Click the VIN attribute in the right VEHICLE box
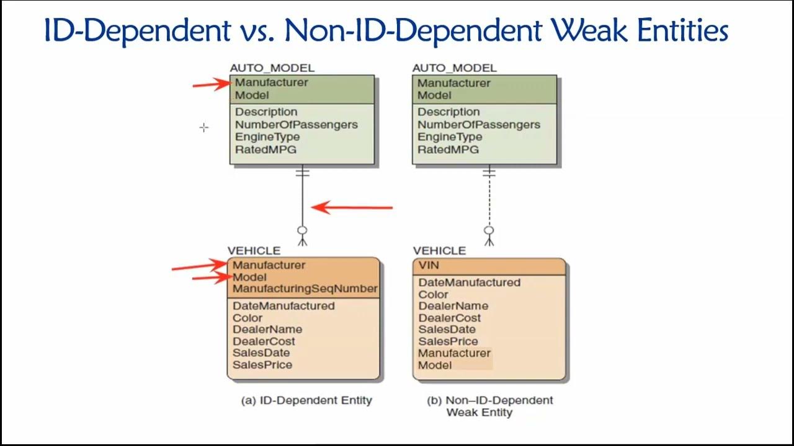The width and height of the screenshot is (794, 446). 429,265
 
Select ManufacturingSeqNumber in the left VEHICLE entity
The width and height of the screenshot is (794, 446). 305,289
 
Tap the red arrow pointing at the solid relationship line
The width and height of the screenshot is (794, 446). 352,208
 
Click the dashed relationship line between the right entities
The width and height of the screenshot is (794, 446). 489,201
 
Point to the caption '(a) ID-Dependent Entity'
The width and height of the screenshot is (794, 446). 306,400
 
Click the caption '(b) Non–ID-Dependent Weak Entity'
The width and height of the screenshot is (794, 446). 490,406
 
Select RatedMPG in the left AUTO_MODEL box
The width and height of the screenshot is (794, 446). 265,150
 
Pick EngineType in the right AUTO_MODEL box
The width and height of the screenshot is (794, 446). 450,137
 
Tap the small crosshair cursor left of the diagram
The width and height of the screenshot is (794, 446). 204,128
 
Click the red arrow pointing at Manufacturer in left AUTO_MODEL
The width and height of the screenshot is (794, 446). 212,84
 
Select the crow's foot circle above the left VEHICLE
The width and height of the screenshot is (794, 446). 302,230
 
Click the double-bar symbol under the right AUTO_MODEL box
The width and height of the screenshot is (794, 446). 489,173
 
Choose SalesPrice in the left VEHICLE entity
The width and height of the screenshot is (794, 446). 262,365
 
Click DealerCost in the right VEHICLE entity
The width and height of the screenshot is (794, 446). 450,318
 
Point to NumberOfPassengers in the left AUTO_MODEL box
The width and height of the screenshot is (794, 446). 297,125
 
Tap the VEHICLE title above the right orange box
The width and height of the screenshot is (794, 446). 439,251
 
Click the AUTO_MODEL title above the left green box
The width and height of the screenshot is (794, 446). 272,68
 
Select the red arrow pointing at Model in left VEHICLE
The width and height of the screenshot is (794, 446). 212,278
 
